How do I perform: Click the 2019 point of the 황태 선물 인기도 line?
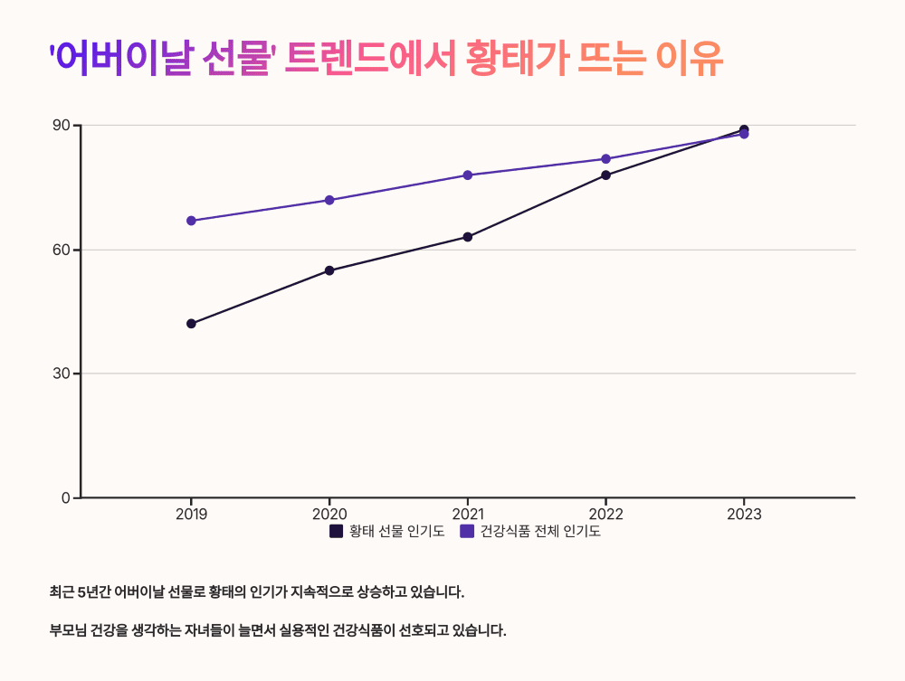[x=191, y=324]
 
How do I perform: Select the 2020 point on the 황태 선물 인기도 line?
[x=329, y=270]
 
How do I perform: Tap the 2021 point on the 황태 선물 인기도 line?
[x=468, y=237]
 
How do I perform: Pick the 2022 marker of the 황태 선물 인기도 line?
[x=606, y=175]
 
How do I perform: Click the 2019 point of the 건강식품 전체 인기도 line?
[x=191, y=221]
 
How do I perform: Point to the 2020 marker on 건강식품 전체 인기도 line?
[x=329, y=200]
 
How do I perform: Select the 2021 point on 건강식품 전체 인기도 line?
[x=468, y=175]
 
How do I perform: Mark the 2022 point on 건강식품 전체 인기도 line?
[x=606, y=159]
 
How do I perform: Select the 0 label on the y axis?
[x=65, y=497]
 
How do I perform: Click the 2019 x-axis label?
[x=191, y=515]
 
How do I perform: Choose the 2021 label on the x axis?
[x=468, y=515]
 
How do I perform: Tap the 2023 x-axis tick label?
[x=744, y=515]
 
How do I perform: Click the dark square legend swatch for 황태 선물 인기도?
[x=336, y=532]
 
